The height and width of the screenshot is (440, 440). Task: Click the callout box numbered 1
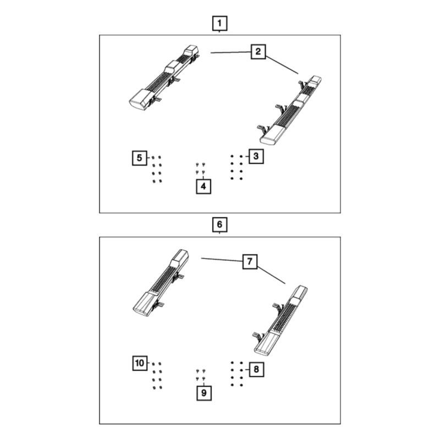tap(219, 23)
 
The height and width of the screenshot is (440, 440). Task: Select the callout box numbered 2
tap(258, 52)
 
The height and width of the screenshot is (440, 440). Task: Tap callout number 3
tap(256, 156)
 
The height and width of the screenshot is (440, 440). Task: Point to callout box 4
tap(204, 186)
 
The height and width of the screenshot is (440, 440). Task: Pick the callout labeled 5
tap(140, 158)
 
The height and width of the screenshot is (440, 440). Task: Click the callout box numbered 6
tap(219, 224)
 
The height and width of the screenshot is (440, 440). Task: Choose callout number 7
tap(250, 262)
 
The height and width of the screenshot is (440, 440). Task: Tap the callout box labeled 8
tap(256, 369)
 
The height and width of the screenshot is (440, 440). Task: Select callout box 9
tap(204, 393)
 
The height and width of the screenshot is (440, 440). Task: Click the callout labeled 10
tap(140, 364)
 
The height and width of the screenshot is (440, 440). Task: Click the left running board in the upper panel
tap(164, 78)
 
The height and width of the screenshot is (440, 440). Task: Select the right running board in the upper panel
tap(290, 111)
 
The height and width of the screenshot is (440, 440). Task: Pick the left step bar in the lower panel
tap(161, 283)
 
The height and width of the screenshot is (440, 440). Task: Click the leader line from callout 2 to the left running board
tap(230, 52)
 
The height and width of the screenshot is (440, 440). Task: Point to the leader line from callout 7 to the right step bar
tap(271, 276)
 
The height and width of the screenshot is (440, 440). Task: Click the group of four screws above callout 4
tap(200, 168)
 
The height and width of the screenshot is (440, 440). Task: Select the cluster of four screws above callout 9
tap(201, 375)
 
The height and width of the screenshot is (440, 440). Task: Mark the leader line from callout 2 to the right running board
tap(282, 65)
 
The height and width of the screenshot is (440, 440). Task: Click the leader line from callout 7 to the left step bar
tap(222, 260)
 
